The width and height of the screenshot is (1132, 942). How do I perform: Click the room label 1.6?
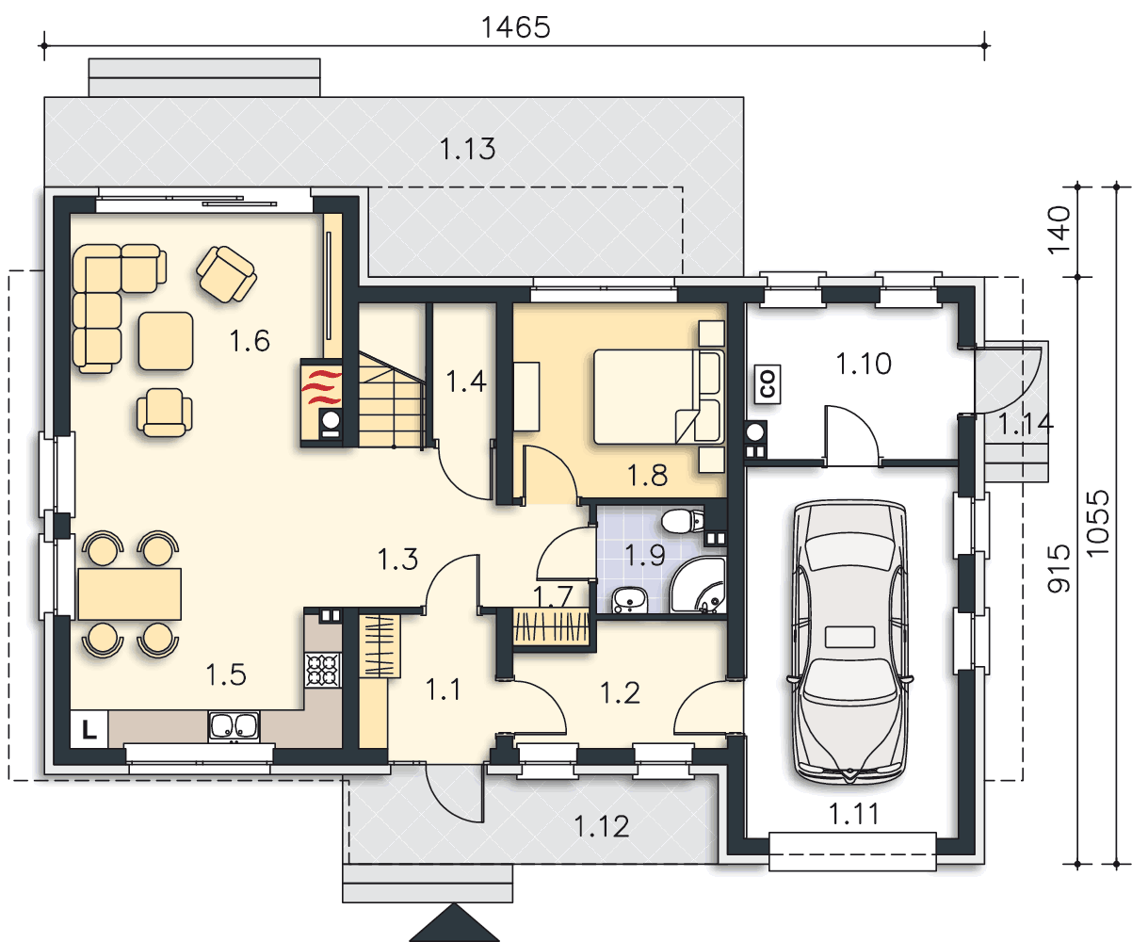click(250, 341)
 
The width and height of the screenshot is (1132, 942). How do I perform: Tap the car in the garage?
click(849, 642)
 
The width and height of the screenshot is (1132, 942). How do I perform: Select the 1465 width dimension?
click(515, 27)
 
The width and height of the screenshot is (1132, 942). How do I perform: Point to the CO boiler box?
click(768, 384)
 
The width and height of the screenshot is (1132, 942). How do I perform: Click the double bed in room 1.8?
click(659, 397)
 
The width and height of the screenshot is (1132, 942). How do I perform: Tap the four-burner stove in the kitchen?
click(323, 671)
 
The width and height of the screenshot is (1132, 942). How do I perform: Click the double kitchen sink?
click(234, 726)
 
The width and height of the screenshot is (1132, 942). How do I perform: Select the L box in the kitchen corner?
click(89, 729)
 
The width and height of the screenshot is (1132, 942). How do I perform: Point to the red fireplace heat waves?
click(322, 387)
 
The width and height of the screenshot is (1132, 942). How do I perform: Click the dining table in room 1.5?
click(130, 593)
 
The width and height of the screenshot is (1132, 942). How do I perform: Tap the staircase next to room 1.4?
click(392, 399)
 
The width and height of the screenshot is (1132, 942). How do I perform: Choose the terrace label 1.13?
click(467, 149)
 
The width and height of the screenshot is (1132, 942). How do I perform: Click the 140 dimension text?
click(1059, 230)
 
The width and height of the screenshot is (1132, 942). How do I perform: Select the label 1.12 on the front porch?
click(601, 826)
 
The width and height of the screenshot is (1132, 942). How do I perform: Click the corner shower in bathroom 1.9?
click(698, 585)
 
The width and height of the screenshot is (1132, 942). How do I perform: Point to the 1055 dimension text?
click(1098, 523)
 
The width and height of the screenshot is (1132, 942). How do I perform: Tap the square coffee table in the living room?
click(166, 341)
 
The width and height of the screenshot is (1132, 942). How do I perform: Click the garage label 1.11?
click(854, 814)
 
